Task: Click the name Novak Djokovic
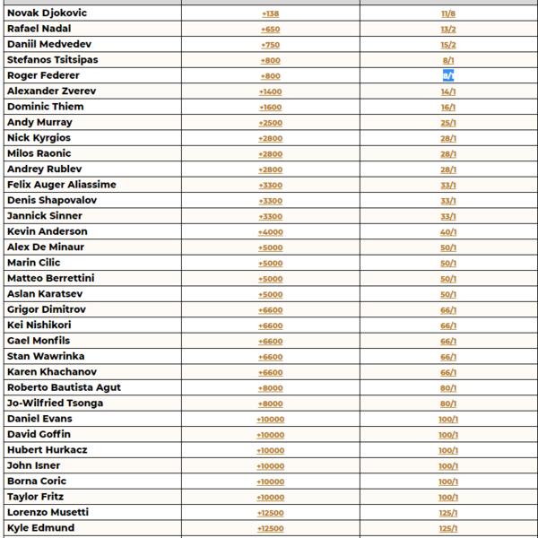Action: [x=47, y=13]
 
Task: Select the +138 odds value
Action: [x=270, y=13]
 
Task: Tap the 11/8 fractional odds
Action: [x=448, y=13]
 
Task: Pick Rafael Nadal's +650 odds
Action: [x=270, y=30]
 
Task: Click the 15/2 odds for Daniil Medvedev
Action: [x=448, y=45]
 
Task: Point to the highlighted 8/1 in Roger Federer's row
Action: [x=448, y=76]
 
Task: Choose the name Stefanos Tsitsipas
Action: [x=52, y=60]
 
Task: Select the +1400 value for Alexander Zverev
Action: [x=270, y=91]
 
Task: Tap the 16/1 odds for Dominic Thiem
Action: [x=448, y=107]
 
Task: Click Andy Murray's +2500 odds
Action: [x=270, y=123]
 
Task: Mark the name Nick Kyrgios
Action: [x=39, y=138]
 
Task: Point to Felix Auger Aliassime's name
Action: [x=61, y=185]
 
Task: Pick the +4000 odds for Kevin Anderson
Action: [x=270, y=232]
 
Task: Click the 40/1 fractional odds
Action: [x=448, y=232]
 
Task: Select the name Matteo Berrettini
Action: [x=50, y=278]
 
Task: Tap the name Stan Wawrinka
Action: [x=46, y=356]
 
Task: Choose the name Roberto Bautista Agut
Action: [x=64, y=387]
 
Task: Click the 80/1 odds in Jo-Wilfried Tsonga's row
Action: [x=448, y=403]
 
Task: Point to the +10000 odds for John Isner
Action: [x=270, y=465]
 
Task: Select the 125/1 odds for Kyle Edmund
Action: [x=448, y=528]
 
